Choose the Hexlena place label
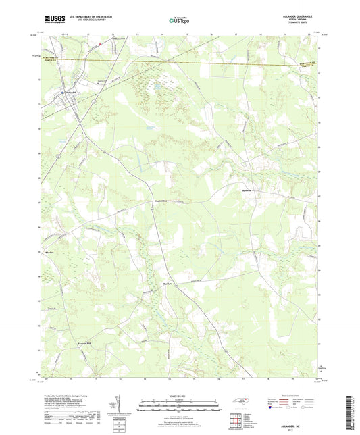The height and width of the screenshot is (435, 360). (x=251, y=190)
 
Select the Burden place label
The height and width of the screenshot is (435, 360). (x=169, y=283)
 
